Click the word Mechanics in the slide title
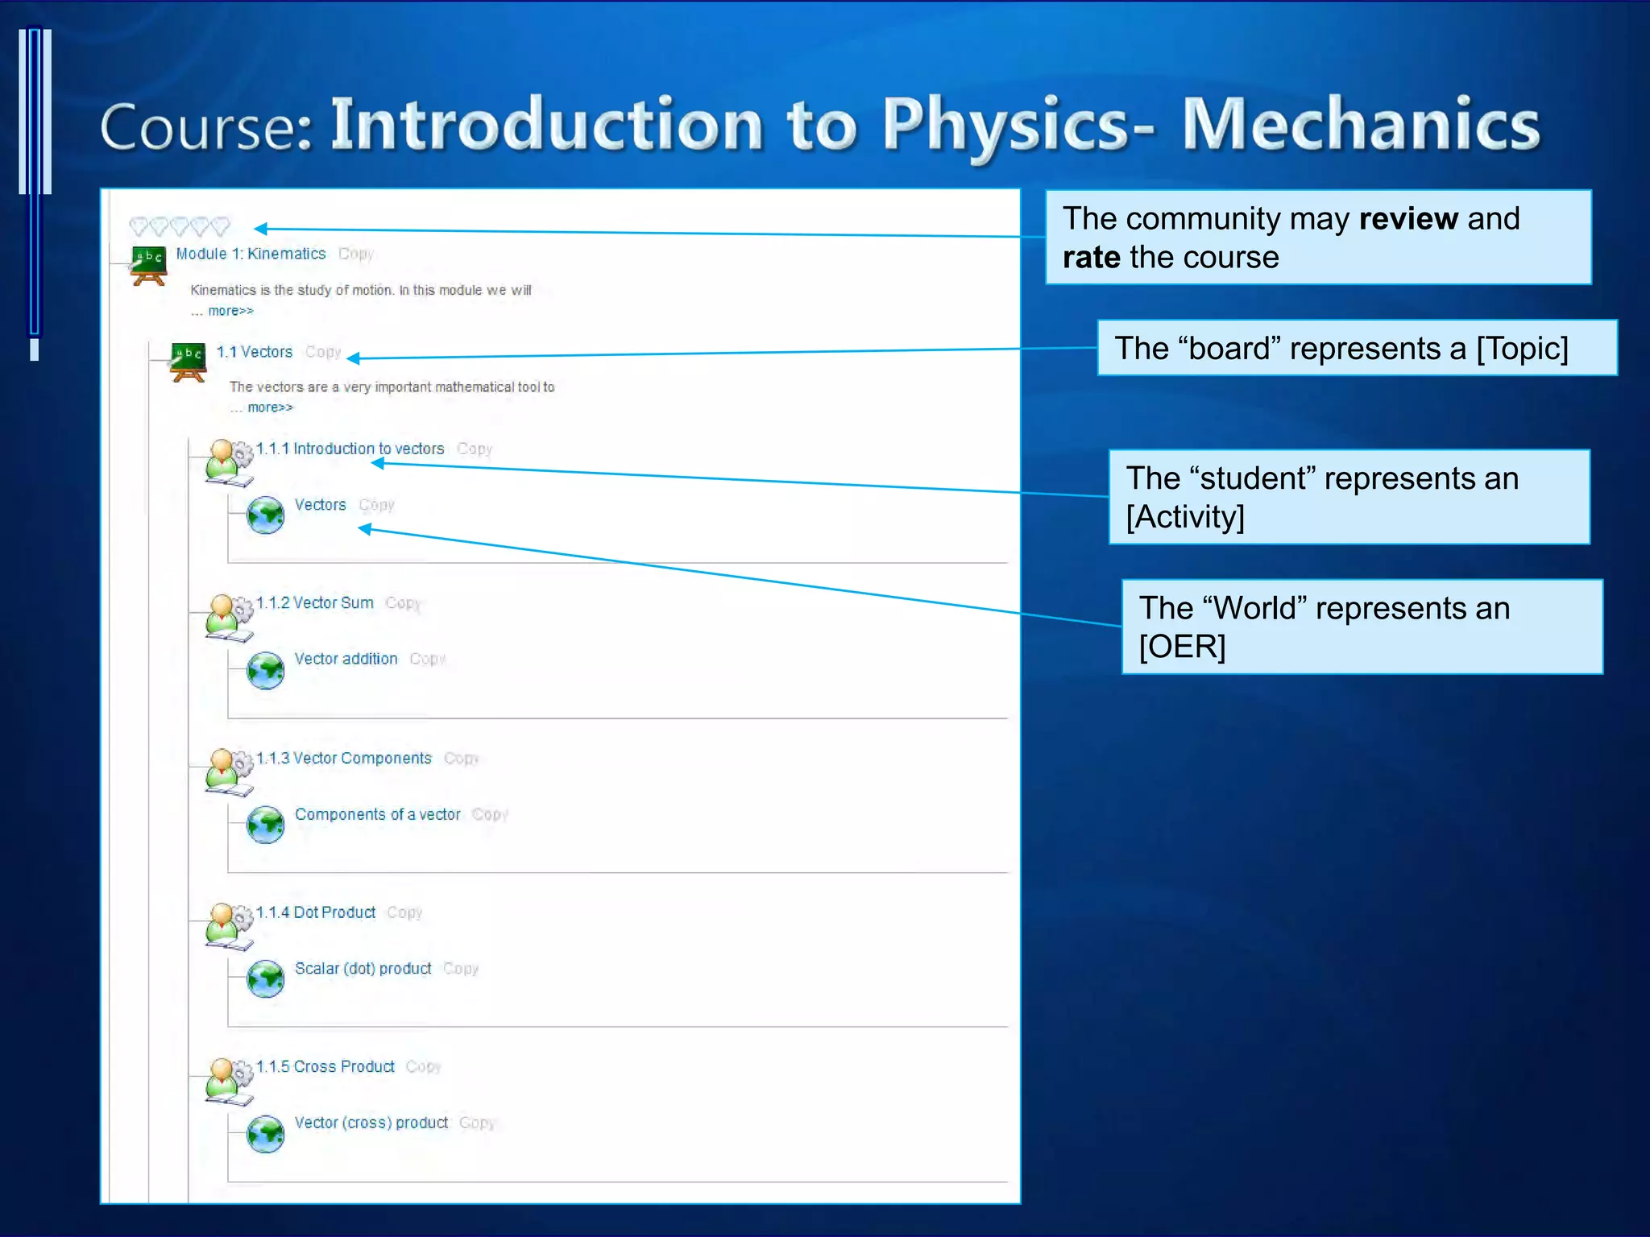(1360, 125)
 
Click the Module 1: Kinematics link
(251, 254)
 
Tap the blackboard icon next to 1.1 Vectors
(188, 362)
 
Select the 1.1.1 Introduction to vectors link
(350, 449)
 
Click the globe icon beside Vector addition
(265, 670)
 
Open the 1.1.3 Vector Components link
(344, 758)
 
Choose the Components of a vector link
(377, 814)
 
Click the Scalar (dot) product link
(363, 968)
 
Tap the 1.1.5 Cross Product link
(325, 1066)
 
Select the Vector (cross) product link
(371, 1123)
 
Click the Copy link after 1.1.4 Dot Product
(404, 912)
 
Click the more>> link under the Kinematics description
(230, 311)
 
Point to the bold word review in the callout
(1408, 219)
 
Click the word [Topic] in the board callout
(1521, 349)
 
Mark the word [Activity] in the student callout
(1185, 517)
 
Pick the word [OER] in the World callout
(1182, 647)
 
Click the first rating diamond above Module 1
(139, 226)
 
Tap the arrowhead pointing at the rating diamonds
(261, 229)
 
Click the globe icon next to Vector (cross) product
(265, 1134)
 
